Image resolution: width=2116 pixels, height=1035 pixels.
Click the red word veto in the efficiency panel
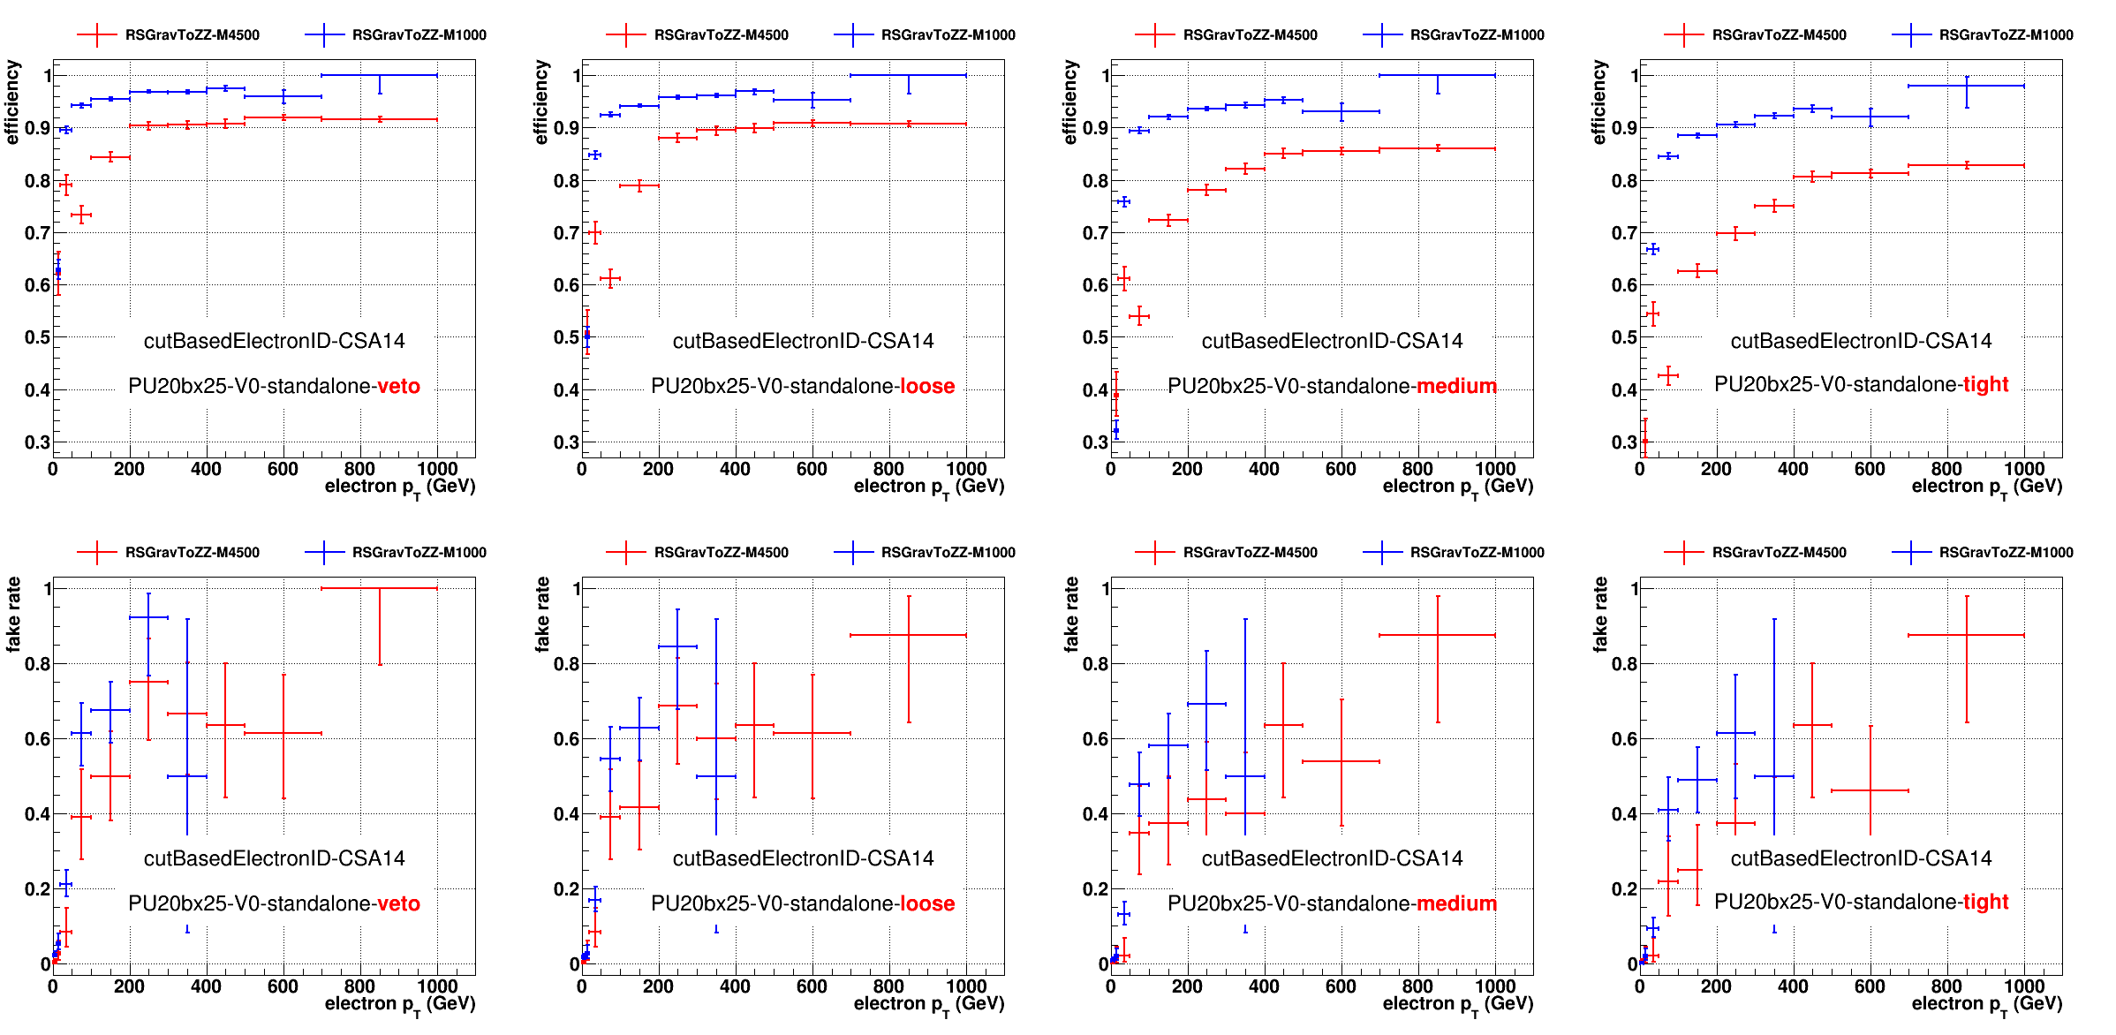point(398,386)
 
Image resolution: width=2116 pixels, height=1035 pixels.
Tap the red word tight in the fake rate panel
point(1985,902)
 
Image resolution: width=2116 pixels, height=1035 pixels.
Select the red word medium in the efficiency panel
point(1456,386)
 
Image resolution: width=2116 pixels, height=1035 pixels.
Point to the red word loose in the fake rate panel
point(926,903)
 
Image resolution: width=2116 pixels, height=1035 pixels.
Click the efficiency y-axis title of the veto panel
point(12,102)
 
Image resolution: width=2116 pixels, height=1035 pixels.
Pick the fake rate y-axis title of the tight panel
point(1600,615)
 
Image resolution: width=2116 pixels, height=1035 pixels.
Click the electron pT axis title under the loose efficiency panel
point(928,487)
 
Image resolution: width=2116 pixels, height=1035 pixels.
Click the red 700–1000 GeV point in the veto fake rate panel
point(380,588)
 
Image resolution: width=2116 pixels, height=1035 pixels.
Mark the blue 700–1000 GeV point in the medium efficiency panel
point(1438,75)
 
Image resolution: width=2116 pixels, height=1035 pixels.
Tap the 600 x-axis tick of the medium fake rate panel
point(1341,986)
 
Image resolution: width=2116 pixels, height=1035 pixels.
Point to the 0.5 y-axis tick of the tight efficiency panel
point(1624,337)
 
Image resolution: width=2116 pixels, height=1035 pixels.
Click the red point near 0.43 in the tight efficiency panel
point(1668,375)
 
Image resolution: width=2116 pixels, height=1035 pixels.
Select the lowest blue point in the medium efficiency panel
point(1116,431)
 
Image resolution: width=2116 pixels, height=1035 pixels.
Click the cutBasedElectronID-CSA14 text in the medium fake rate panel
point(1332,858)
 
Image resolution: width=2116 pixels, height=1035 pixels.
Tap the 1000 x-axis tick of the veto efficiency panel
point(437,469)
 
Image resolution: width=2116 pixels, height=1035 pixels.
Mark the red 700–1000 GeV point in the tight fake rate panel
point(1967,635)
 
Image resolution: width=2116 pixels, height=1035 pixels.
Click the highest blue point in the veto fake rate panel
point(148,617)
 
